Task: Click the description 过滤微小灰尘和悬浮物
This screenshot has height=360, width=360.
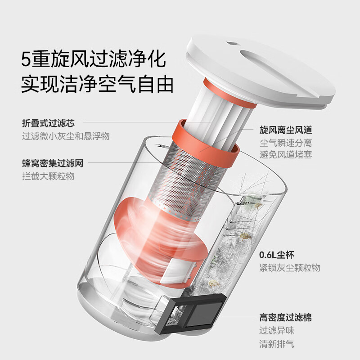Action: [66, 136]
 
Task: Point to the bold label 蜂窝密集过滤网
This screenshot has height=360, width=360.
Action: [53, 163]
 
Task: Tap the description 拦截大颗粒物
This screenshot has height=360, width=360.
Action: [48, 176]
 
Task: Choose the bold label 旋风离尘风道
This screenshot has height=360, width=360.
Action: [286, 130]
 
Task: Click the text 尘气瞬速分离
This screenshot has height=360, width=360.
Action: [286, 143]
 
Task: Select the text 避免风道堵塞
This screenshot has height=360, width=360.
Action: [286, 155]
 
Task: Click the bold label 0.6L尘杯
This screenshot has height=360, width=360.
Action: [276, 255]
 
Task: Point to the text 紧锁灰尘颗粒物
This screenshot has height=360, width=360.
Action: [290, 268]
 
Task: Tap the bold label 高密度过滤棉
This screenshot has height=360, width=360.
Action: [286, 318]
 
